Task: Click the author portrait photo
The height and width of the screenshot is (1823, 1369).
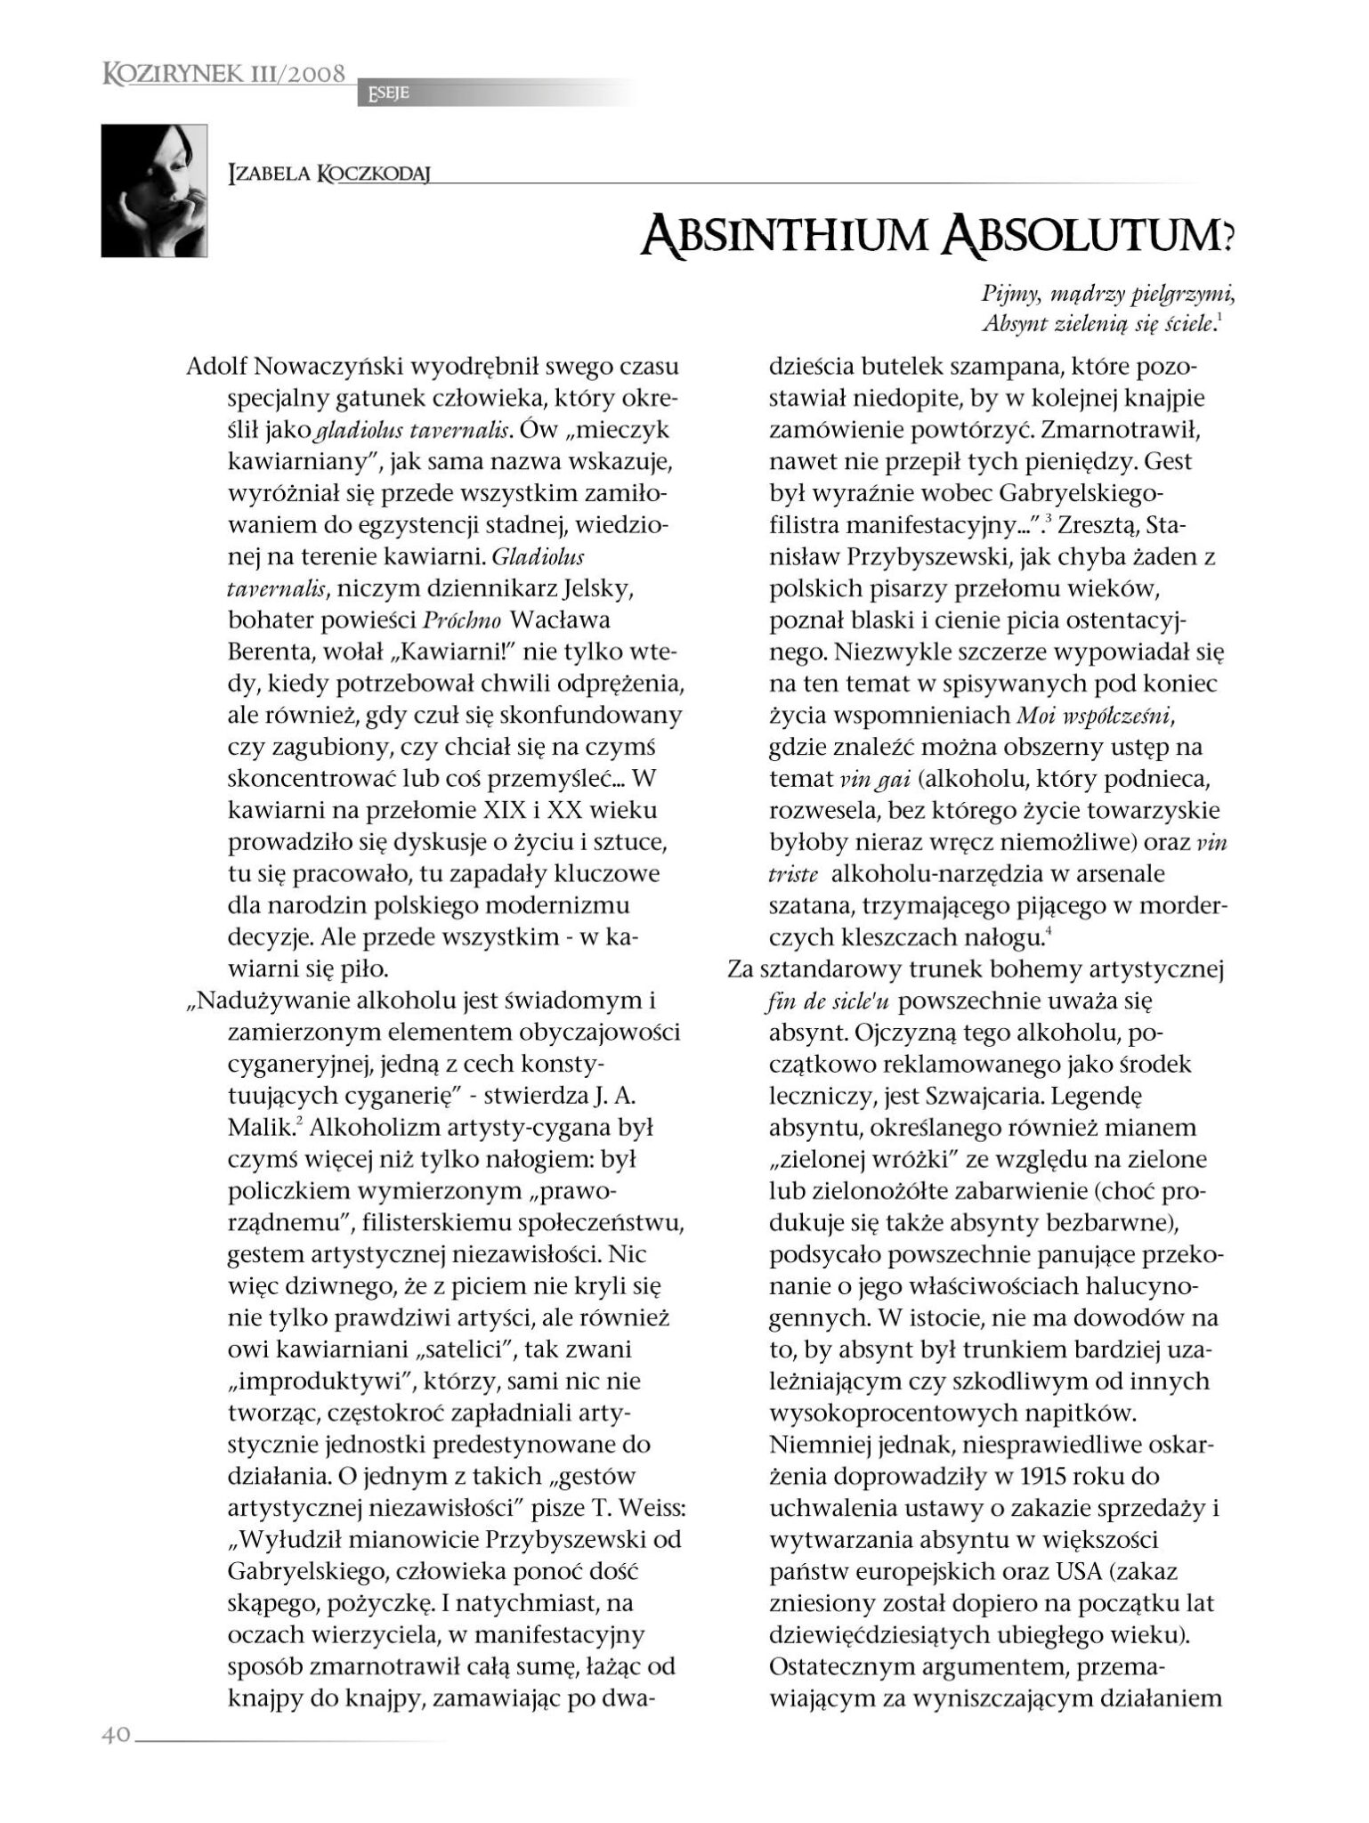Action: (x=154, y=190)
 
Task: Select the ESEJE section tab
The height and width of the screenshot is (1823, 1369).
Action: (x=384, y=93)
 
